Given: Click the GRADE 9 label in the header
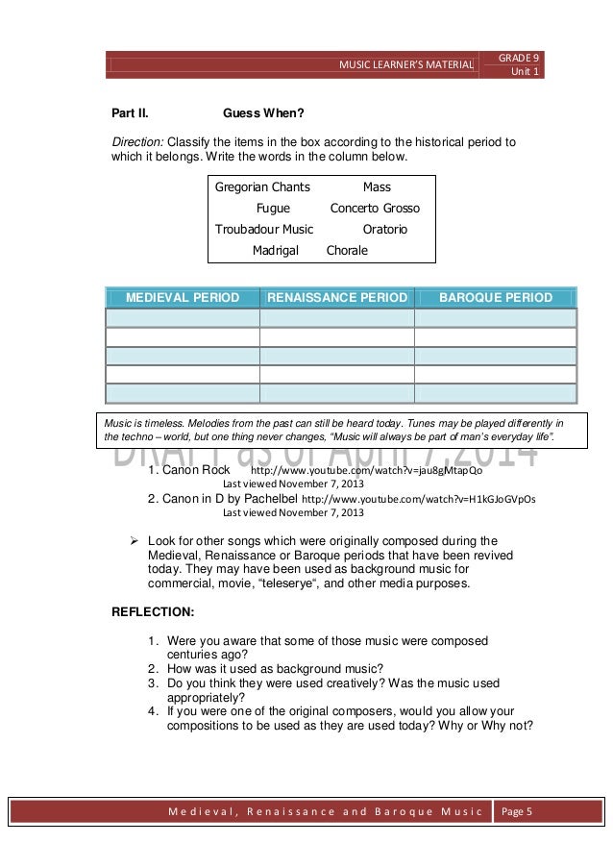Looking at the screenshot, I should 519,58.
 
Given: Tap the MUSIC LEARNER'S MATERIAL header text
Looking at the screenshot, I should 405,64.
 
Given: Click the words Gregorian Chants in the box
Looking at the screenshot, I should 256,186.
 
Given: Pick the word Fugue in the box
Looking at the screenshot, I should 273,208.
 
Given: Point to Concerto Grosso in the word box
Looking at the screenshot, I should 375,208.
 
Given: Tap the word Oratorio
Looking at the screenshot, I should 385,230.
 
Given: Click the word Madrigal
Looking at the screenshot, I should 276,251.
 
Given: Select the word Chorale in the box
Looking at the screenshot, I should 347,251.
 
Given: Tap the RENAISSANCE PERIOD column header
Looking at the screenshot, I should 336,297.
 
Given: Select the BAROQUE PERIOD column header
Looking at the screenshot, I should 495,297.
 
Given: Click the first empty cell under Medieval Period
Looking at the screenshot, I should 183,318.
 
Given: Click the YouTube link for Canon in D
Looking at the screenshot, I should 418,500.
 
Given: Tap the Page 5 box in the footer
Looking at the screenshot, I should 518,813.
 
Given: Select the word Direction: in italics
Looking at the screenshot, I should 138,142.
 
